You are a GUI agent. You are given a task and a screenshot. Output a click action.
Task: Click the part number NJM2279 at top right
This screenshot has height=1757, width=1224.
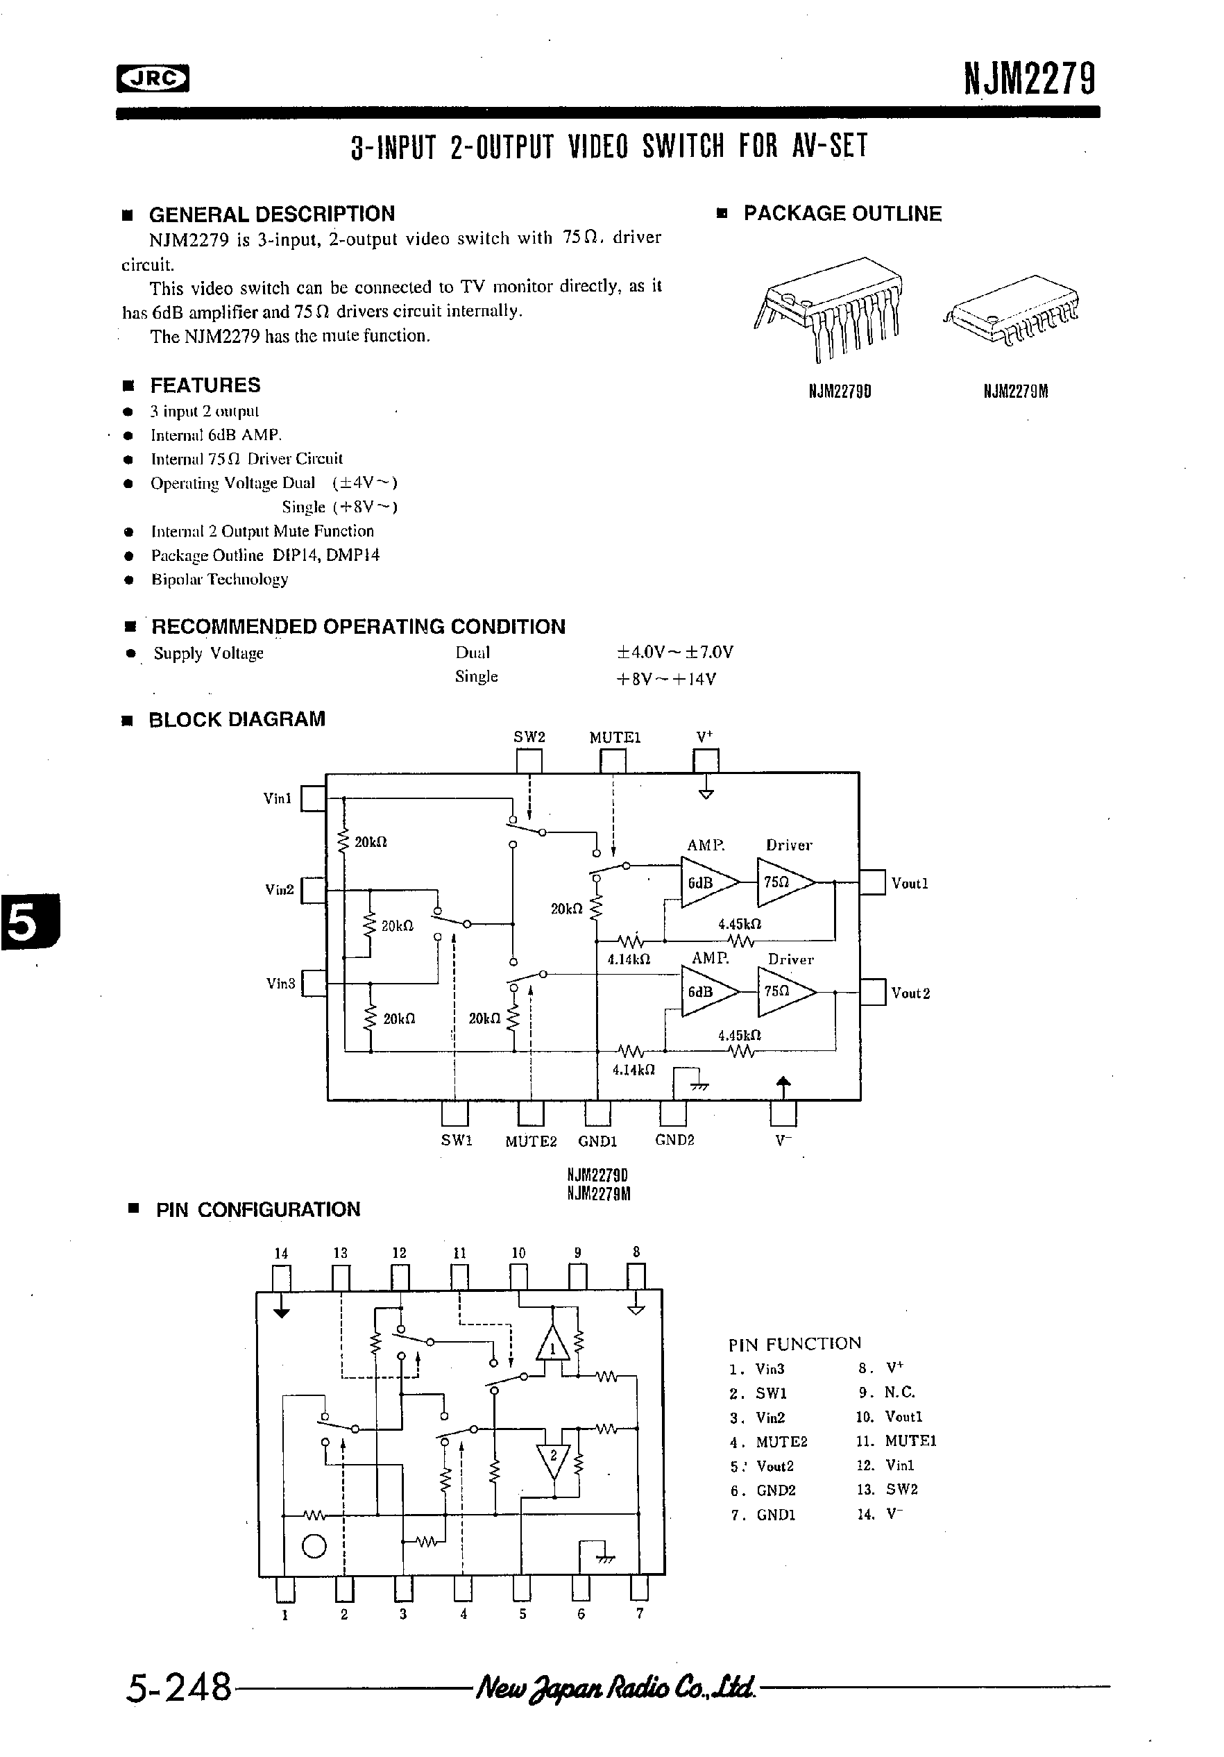click(1029, 79)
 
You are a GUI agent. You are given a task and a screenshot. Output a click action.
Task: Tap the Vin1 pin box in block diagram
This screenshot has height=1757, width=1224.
click(313, 798)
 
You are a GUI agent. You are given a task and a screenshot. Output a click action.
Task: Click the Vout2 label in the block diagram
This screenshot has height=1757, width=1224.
click(910, 993)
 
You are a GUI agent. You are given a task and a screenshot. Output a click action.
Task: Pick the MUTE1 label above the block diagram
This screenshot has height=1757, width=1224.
click(614, 738)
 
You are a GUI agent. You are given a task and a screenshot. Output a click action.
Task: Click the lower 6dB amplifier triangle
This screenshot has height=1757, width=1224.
click(708, 992)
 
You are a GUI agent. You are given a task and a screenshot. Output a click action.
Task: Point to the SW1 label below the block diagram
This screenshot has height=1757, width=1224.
click(457, 1141)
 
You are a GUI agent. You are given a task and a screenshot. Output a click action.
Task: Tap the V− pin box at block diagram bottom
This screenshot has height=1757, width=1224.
click(783, 1113)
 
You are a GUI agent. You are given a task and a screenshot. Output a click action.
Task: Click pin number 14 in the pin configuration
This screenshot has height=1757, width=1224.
click(281, 1254)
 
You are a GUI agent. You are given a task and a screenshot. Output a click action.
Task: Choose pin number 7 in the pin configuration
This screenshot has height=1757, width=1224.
click(640, 1613)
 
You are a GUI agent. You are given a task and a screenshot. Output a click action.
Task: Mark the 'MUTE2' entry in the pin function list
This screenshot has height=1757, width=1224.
click(781, 1442)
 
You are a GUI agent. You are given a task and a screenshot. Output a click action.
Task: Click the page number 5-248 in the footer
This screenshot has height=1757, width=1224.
click(178, 1688)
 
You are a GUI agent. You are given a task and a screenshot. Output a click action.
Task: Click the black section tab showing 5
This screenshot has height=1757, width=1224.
click(28, 920)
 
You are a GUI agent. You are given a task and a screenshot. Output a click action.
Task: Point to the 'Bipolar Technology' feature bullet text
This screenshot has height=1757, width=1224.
click(219, 579)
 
